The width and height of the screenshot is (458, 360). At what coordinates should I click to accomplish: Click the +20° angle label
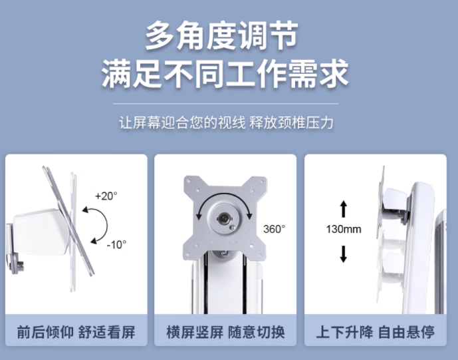point(106,196)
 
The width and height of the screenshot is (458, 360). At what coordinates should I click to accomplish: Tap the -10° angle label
point(116,244)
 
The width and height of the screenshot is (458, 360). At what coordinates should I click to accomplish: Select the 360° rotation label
point(274,229)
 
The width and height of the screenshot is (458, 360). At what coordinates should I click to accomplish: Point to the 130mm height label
point(344,229)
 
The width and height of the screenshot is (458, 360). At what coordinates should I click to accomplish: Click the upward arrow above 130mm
point(344,209)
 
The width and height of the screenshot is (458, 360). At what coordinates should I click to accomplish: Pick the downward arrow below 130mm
point(344,254)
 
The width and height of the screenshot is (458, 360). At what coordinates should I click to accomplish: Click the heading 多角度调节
point(222,36)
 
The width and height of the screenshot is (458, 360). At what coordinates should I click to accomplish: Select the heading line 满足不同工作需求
point(225,73)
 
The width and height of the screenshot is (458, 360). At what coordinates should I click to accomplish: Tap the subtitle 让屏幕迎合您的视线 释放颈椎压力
point(226,122)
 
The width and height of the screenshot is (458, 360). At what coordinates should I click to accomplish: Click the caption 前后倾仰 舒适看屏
point(76,332)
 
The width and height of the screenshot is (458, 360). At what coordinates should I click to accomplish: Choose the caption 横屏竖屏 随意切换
point(225,332)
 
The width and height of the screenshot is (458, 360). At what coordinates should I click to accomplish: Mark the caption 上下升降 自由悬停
point(376,332)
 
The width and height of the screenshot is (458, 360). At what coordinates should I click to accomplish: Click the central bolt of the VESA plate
point(224,218)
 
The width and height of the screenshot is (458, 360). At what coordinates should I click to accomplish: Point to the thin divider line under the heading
point(225,104)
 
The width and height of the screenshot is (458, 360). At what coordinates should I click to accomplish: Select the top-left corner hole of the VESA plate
point(189,182)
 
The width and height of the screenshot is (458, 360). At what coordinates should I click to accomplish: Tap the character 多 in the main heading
point(159,36)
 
